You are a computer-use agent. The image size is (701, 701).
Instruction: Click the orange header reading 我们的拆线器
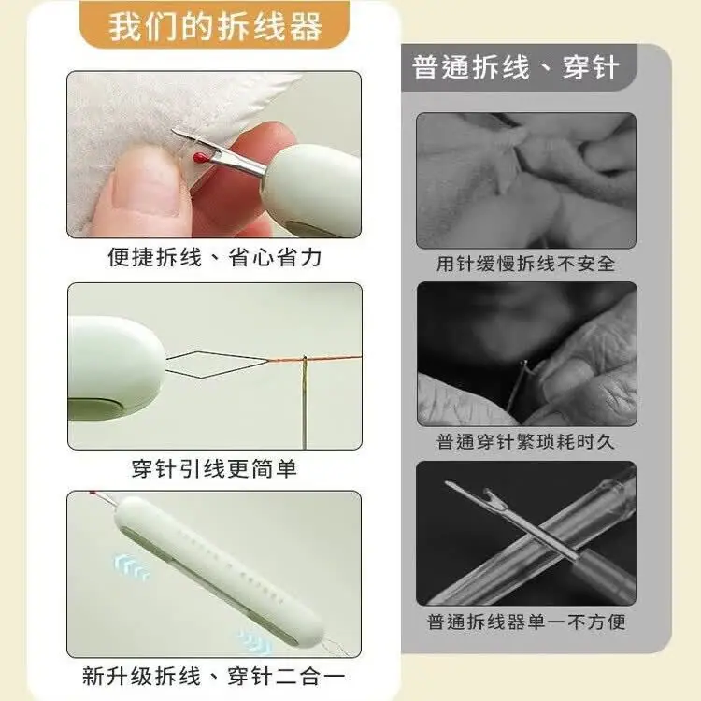click(215, 26)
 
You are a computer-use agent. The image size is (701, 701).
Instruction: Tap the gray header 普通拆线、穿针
click(516, 68)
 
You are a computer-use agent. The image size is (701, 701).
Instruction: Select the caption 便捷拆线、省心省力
click(215, 258)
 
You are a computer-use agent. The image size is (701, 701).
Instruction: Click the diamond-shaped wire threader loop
click(218, 365)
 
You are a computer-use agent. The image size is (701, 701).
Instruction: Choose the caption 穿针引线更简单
click(214, 468)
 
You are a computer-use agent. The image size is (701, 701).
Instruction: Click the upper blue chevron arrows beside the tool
click(131, 566)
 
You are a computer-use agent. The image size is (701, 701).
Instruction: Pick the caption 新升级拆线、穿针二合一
click(214, 676)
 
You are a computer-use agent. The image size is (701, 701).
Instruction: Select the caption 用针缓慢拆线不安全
click(525, 264)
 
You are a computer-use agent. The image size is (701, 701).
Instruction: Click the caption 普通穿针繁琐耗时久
click(525, 442)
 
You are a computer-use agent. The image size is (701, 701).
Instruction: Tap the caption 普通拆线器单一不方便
click(525, 622)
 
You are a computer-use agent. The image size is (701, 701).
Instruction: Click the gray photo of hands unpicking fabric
click(526, 180)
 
